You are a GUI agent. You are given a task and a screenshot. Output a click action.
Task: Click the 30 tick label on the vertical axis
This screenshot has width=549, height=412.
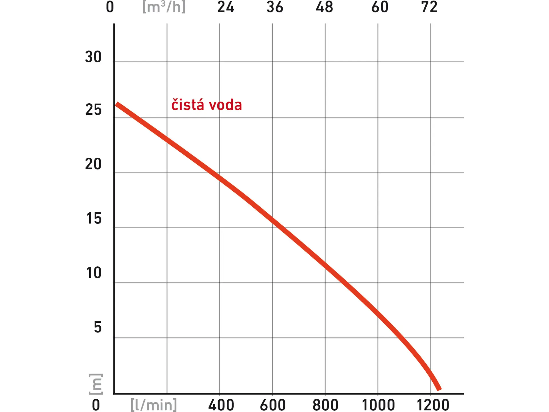click(x=93, y=57)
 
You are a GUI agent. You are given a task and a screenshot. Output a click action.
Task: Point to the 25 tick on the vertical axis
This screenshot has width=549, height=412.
click(x=93, y=110)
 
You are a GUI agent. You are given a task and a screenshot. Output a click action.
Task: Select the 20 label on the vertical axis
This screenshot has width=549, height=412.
click(x=93, y=164)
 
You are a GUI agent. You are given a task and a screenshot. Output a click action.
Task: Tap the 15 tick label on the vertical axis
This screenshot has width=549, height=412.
click(x=94, y=219)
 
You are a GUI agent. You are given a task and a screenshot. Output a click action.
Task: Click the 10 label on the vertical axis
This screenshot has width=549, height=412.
click(x=94, y=273)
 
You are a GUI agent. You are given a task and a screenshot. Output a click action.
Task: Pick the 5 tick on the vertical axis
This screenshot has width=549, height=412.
click(x=98, y=327)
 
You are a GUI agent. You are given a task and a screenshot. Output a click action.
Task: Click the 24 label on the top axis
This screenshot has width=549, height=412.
click(x=226, y=7)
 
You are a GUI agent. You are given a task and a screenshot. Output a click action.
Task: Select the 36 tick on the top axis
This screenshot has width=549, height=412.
click(x=274, y=7)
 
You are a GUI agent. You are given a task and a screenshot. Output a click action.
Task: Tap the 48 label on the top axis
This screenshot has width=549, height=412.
click(x=324, y=7)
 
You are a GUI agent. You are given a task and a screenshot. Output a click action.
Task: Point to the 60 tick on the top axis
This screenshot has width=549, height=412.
click(x=380, y=7)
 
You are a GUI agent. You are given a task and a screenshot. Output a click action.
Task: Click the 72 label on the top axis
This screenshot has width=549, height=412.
click(x=429, y=7)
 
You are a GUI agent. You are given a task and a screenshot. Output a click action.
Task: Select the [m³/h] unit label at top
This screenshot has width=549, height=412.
click(x=164, y=7)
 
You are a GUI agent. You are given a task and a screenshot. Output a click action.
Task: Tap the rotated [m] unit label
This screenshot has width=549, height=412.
click(x=96, y=384)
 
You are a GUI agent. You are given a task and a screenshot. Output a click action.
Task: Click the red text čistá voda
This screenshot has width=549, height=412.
click(x=206, y=105)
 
